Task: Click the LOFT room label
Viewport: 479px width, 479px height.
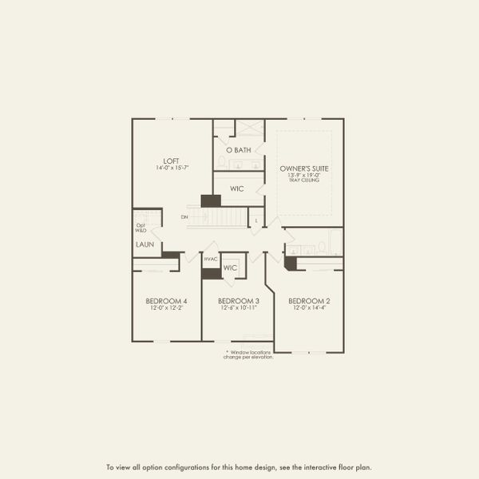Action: (x=168, y=160)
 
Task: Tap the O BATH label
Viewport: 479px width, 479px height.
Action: (x=239, y=150)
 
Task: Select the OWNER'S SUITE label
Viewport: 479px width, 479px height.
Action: (x=304, y=168)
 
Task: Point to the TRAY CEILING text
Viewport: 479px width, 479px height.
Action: (x=304, y=181)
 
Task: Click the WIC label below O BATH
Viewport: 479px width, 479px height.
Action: (x=237, y=189)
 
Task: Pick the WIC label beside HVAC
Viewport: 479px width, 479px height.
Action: (x=231, y=267)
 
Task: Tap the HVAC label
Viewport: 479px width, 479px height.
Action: (x=211, y=259)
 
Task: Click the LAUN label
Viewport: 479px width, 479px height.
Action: (x=144, y=245)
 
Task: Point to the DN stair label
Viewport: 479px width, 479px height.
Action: (x=184, y=217)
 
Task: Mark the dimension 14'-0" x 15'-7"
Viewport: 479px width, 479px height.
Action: (x=168, y=168)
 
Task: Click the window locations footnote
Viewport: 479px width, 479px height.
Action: (x=250, y=354)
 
